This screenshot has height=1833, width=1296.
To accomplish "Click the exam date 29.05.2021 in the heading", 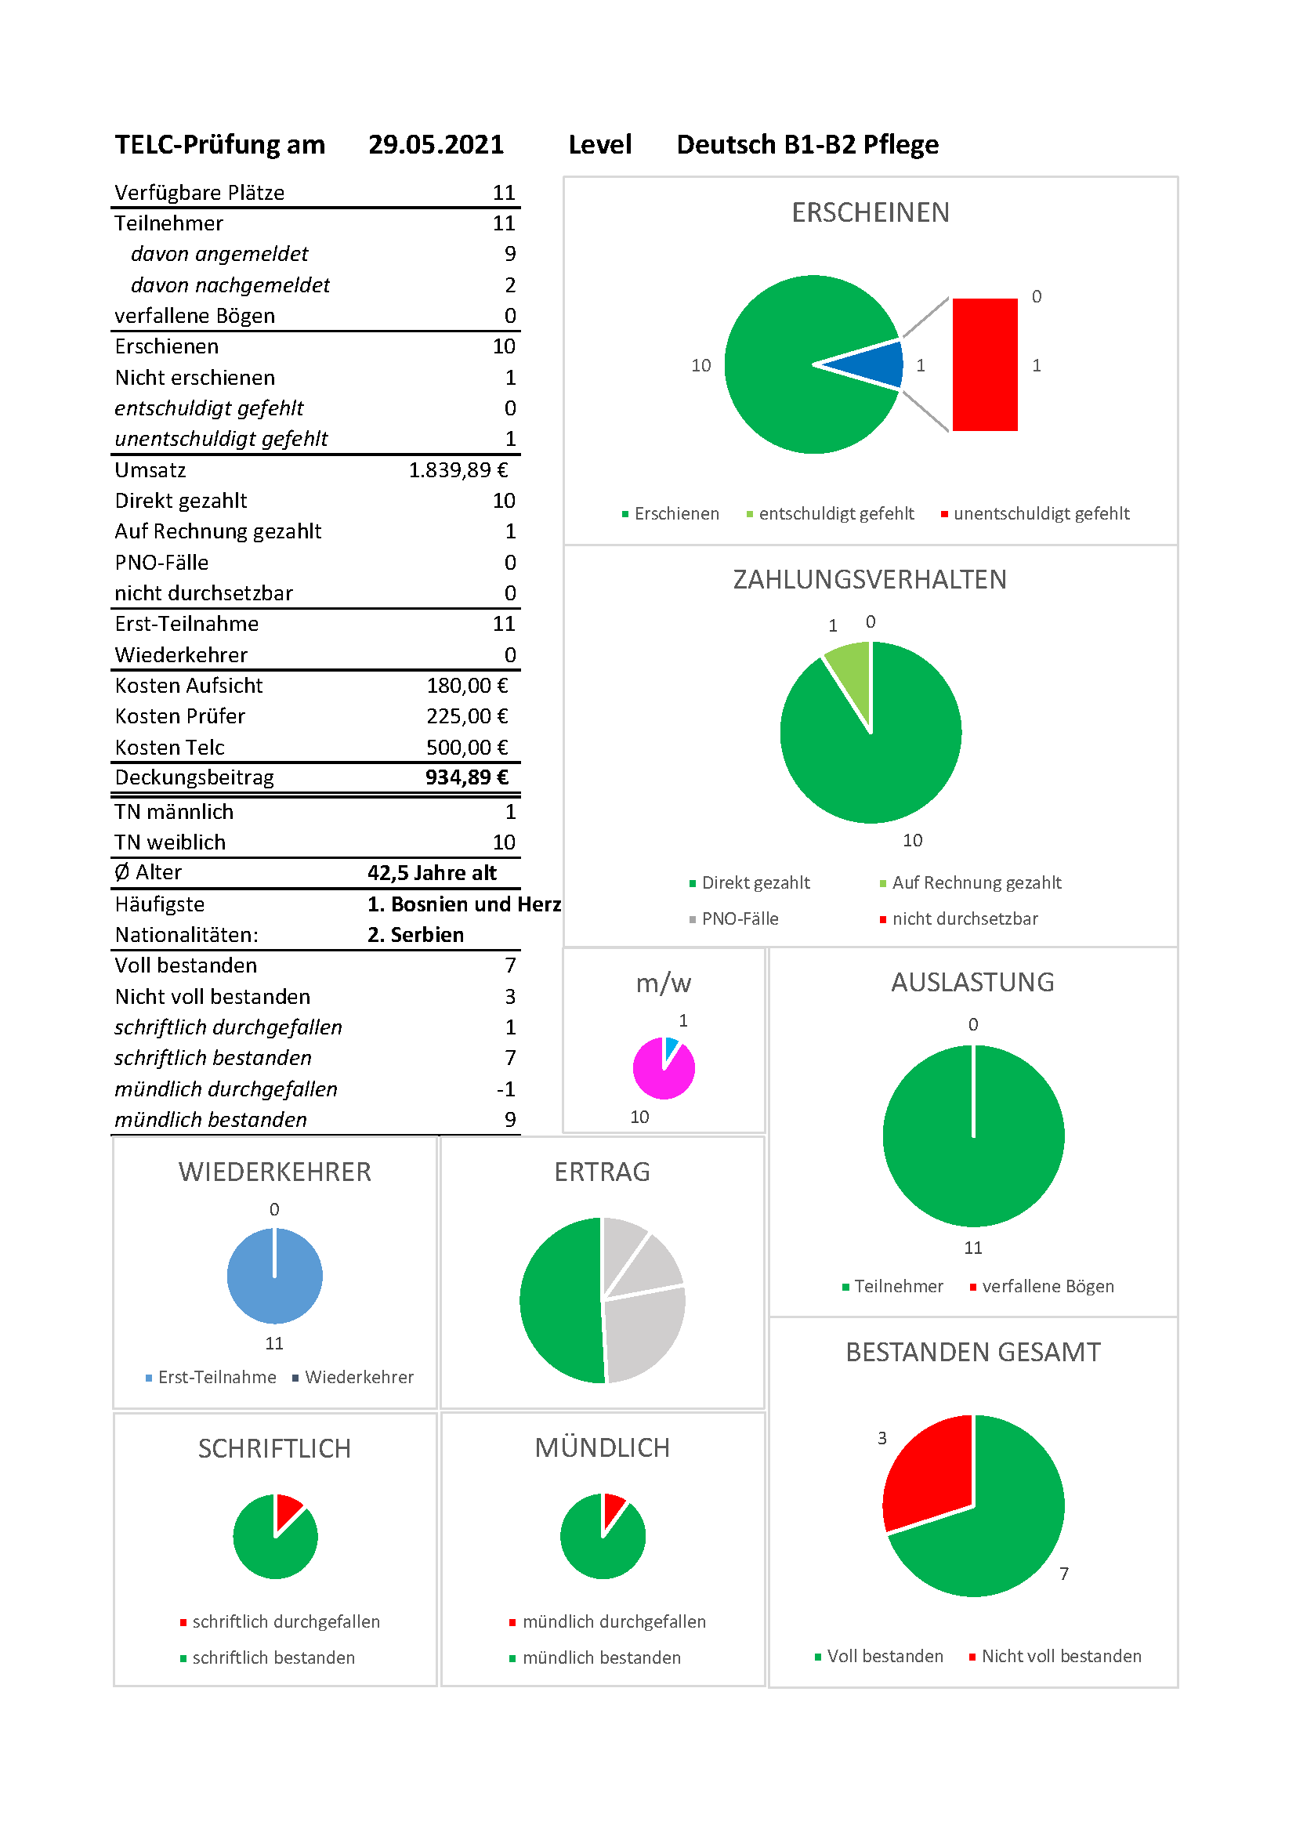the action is (x=436, y=144).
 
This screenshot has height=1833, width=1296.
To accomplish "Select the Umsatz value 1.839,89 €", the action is (x=458, y=470).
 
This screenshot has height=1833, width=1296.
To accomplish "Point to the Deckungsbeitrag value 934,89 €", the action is (x=467, y=777).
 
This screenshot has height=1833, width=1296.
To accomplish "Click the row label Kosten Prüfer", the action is (x=179, y=716).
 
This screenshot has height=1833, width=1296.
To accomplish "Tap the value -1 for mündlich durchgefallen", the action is (x=506, y=1089).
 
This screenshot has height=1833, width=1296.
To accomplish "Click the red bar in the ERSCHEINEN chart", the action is (x=985, y=365).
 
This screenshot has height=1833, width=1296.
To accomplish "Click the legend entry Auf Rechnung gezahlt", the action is (x=970, y=882).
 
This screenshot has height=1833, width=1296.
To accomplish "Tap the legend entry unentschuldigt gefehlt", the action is (x=1035, y=513).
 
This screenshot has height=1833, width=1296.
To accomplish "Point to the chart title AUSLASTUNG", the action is (x=973, y=982).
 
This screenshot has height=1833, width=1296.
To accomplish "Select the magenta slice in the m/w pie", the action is (x=661, y=1074).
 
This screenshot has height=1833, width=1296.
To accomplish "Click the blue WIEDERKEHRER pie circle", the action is (x=274, y=1276).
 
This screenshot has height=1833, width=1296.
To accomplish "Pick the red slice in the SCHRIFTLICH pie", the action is (x=288, y=1509).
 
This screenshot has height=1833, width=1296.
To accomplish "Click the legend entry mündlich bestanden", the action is (x=595, y=1657).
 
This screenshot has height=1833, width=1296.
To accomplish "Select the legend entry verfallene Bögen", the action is (x=1041, y=1286).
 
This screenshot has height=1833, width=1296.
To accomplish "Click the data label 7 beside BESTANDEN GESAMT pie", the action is (x=1064, y=1573).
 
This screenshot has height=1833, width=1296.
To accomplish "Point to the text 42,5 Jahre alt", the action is (x=432, y=872).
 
